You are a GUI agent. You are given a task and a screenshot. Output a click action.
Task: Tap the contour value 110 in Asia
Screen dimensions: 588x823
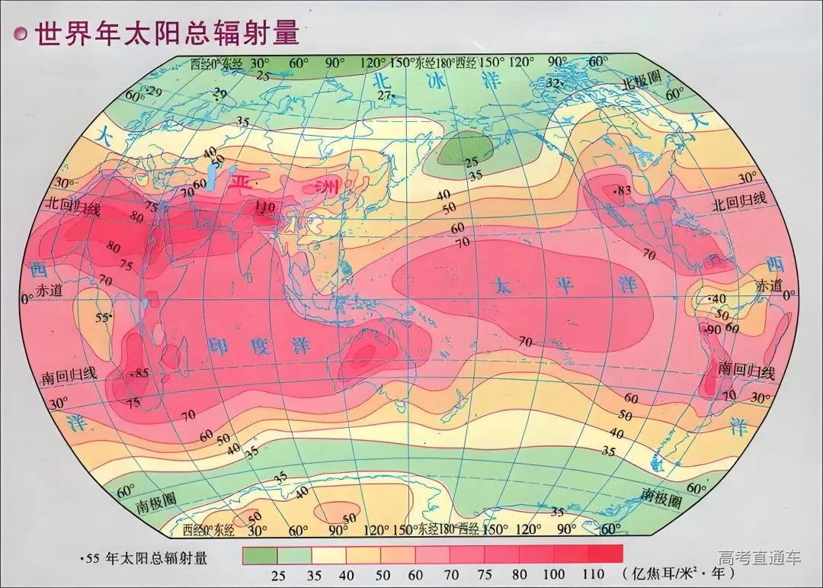tap(264, 207)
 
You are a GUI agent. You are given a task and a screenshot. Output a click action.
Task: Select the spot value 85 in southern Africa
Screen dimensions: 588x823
tap(140, 373)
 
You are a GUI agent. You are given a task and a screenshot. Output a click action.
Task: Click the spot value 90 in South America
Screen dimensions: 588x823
tap(713, 329)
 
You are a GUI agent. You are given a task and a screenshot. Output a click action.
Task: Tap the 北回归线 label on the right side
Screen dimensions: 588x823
tap(738, 203)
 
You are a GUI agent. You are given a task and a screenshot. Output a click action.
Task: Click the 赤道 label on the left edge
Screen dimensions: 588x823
tap(47, 291)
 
